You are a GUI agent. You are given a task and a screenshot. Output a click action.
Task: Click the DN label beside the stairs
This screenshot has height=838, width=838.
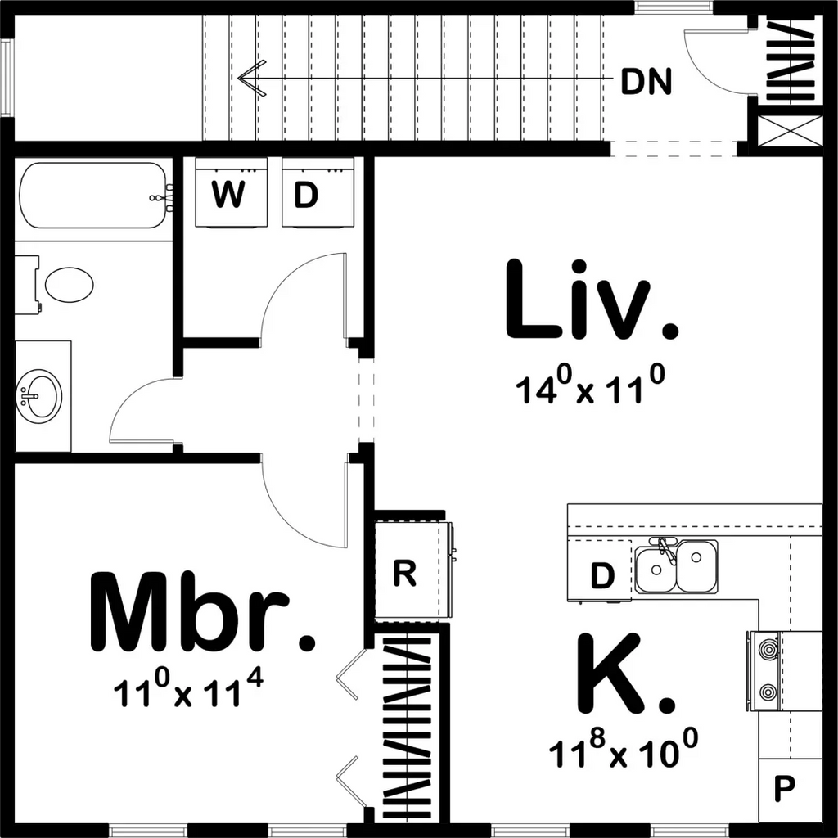[647, 82]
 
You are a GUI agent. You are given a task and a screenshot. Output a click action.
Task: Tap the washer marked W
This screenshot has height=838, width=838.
[228, 193]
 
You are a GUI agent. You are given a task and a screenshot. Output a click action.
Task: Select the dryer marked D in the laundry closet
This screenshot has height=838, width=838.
[306, 193]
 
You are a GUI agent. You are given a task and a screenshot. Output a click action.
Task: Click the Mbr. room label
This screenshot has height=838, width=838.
[201, 612]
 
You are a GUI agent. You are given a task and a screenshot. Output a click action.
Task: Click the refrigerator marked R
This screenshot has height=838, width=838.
[405, 574]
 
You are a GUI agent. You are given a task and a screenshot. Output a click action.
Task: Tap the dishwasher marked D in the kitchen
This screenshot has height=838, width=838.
[601, 576]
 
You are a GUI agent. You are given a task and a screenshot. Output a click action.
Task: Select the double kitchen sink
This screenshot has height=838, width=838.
[677, 565]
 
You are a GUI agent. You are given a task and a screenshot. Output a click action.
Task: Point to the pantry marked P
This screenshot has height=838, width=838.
[785, 790]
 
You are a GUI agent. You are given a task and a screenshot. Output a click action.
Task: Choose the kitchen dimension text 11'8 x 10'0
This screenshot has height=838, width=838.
[624, 750]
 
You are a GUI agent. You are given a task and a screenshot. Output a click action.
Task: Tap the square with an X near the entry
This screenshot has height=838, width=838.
[791, 132]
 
